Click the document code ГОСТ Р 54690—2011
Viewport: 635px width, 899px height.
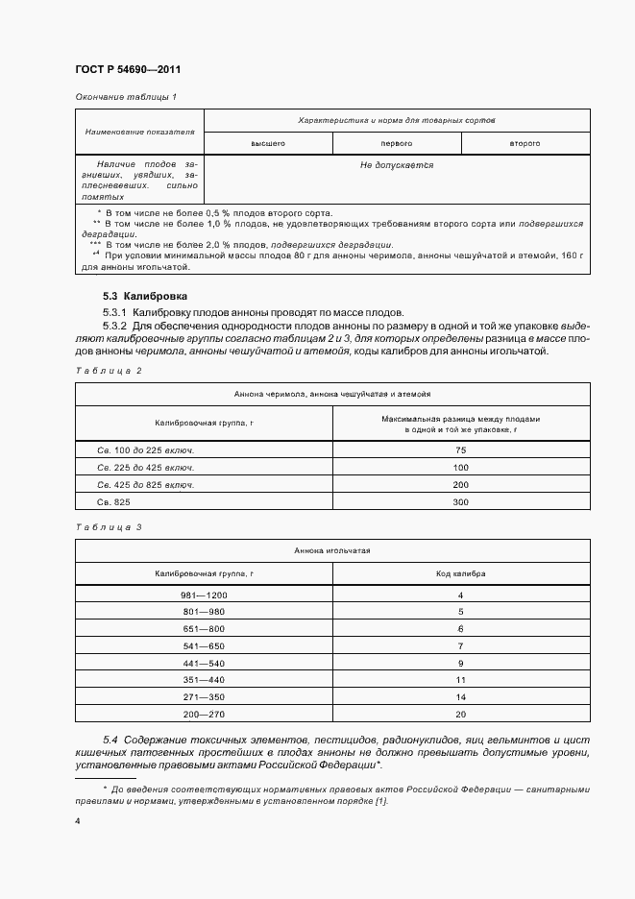click(x=127, y=70)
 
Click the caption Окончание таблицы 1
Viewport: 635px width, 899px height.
click(x=125, y=97)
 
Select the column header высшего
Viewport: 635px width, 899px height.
click(x=268, y=143)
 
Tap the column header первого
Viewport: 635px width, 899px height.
click(x=397, y=143)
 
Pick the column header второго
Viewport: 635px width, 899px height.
click(x=525, y=143)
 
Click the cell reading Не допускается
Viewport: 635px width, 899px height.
click(x=397, y=165)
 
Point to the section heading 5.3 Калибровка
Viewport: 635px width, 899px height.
click(x=144, y=296)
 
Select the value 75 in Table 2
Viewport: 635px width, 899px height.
click(x=461, y=449)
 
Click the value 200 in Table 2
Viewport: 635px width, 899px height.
click(x=461, y=485)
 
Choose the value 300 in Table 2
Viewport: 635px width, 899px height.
click(x=461, y=502)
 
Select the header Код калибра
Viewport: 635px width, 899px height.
click(x=461, y=573)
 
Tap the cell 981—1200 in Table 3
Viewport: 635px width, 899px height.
click(x=203, y=596)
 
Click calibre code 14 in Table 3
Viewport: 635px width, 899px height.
click(x=461, y=696)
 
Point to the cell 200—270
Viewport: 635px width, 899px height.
click(x=203, y=714)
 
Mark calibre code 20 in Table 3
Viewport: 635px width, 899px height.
click(x=461, y=714)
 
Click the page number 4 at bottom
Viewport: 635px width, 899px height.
click(x=78, y=821)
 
